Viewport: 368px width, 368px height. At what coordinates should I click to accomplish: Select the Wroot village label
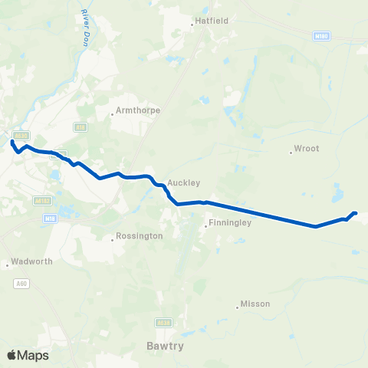pos(307,149)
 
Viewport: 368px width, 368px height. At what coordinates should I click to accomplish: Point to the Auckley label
pos(183,183)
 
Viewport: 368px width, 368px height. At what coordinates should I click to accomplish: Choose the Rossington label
pos(140,236)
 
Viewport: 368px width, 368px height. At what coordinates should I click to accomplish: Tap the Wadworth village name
pos(33,261)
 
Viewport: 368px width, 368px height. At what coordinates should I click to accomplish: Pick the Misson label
pos(255,304)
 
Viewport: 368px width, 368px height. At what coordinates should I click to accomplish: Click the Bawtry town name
pos(163,346)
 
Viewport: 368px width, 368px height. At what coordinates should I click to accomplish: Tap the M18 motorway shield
pos(49,218)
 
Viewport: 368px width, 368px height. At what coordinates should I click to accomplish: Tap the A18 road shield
pos(80,126)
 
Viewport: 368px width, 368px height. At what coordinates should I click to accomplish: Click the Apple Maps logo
pos(28,355)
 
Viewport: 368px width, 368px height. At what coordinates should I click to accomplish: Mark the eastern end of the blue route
pos(355,213)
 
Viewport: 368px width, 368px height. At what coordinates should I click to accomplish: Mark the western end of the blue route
pos(12,141)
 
